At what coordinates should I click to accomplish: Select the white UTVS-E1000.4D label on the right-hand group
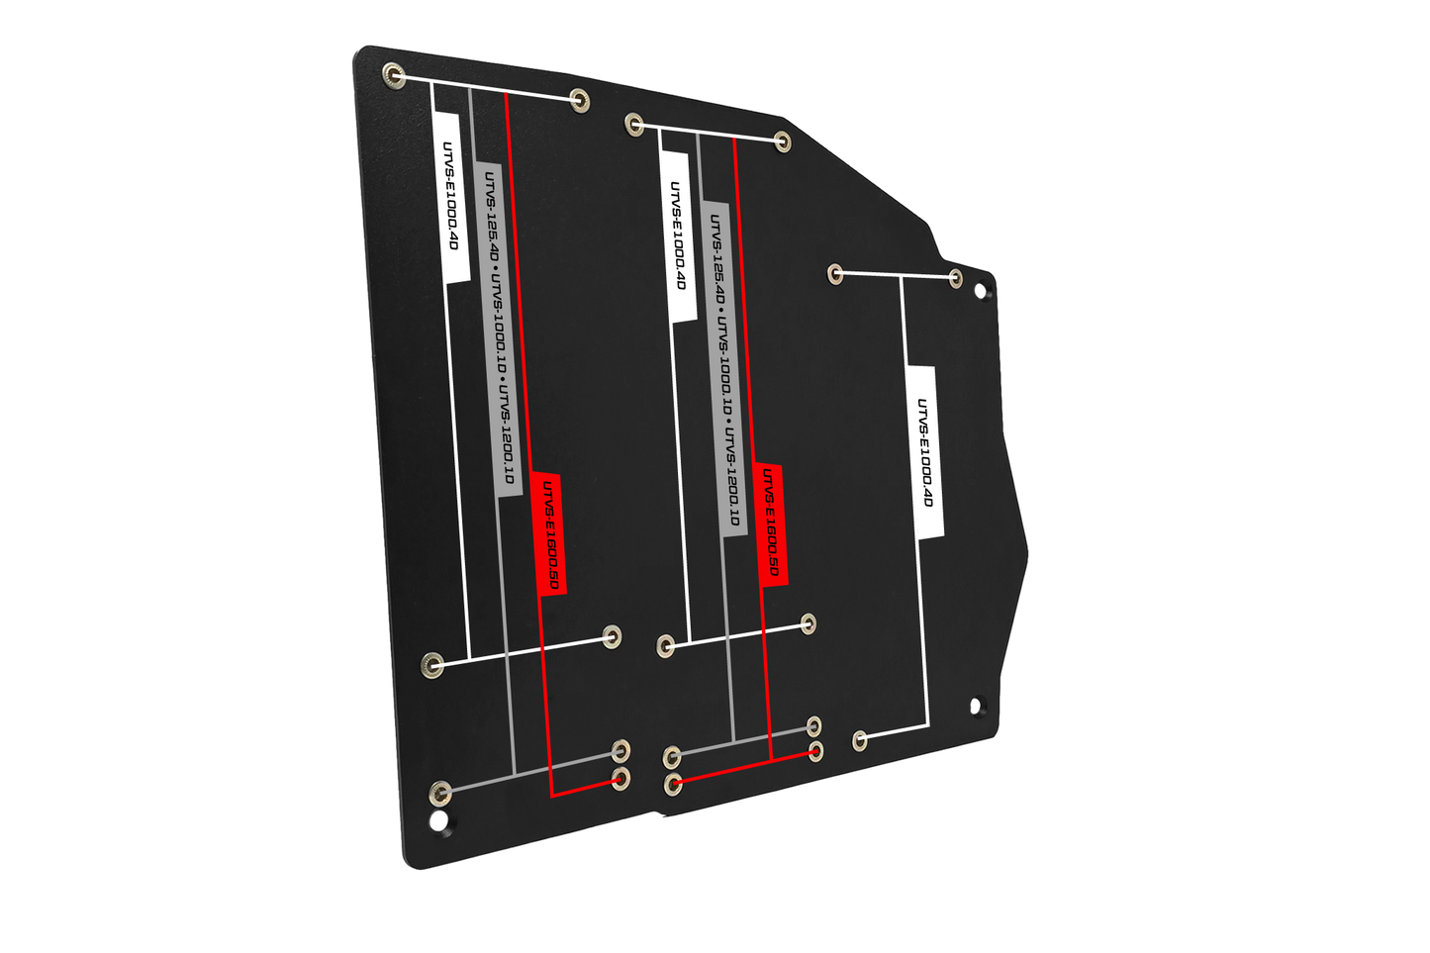point(924,452)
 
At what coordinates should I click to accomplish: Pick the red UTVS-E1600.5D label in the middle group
point(771,524)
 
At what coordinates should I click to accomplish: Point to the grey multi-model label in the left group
point(498,327)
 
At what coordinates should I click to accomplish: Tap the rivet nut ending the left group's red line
point(621,778)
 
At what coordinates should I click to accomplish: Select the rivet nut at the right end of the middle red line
point(815,751)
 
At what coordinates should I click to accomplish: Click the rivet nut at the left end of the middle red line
point(673,785)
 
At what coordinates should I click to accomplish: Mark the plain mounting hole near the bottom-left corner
point(436,820)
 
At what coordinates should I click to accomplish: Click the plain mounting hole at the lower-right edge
point(976,706)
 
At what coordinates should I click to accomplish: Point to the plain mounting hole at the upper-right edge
point(984,292)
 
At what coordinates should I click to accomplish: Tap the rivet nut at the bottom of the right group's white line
point(860,739)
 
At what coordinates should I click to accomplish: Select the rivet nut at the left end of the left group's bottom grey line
point(441,791)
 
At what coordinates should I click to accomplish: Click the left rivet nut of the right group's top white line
point(835,272)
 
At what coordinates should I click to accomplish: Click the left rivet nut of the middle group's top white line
point(633,124)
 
